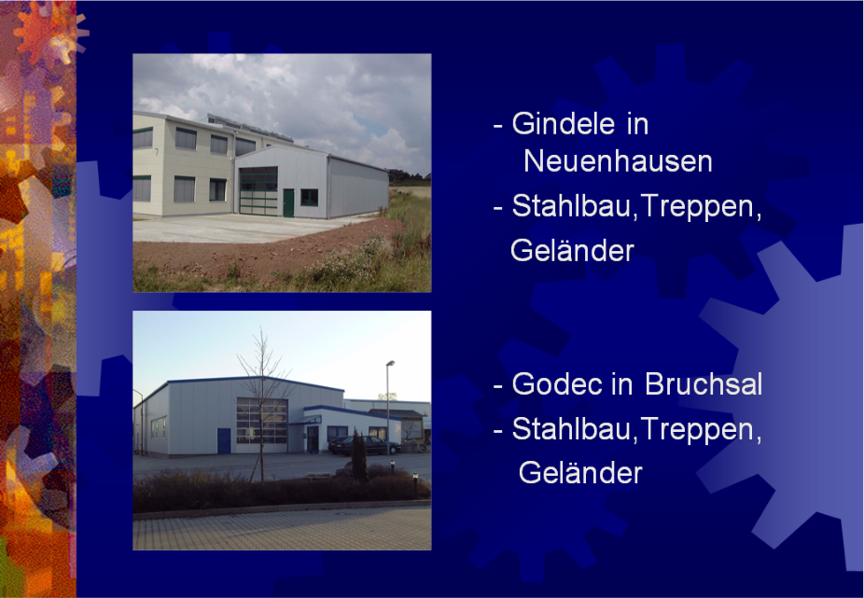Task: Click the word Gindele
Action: tap(564, 123)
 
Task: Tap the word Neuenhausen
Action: tap(618, 161)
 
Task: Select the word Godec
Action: tap(557, 383)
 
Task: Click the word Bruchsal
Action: tap(704, 383)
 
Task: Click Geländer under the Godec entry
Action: tap(580, 472)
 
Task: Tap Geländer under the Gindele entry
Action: tap(572, 250)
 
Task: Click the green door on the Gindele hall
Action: tap(288, 202)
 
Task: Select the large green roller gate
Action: tap(258, 190)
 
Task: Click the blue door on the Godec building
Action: tap(224, 441)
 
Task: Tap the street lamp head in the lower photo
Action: tap(390, 363)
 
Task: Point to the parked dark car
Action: tap(364, 445)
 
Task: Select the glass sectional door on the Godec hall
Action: tap(262, 421)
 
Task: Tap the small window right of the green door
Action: tap(309, 197)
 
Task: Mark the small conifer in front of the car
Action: tap(359, 455)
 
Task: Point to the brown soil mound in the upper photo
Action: tap(264, 251)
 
